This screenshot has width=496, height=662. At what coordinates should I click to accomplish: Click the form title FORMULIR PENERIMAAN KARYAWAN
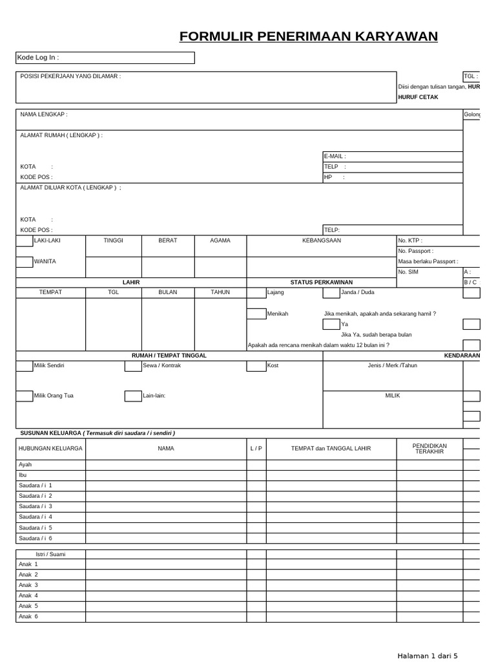(309, 36)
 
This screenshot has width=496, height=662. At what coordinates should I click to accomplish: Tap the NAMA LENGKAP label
(44, 114)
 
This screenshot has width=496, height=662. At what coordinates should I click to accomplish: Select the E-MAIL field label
(335, 156)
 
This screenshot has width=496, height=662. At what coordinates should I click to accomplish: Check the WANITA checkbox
(25, 262)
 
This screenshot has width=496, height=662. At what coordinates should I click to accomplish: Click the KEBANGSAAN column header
(322, 240)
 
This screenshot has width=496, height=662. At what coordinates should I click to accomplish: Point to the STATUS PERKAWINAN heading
(322, 283)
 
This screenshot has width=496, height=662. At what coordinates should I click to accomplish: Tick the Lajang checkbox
(256, 293)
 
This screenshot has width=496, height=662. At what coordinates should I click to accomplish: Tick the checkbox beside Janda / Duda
(331, 293)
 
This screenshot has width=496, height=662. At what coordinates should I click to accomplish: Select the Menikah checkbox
(256, 314)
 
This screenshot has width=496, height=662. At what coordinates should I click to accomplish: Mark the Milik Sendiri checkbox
(25, 366)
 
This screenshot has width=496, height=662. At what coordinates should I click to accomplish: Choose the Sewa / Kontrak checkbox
(133, 366)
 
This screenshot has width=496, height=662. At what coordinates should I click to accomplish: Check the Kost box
(256, 366)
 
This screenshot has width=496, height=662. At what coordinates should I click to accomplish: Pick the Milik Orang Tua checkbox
(25, 396)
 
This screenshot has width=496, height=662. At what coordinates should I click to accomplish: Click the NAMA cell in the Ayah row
(166, 465)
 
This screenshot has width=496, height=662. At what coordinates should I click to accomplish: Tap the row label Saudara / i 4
(36, 517)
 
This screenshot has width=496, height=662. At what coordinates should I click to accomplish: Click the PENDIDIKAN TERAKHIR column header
(429, 448)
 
